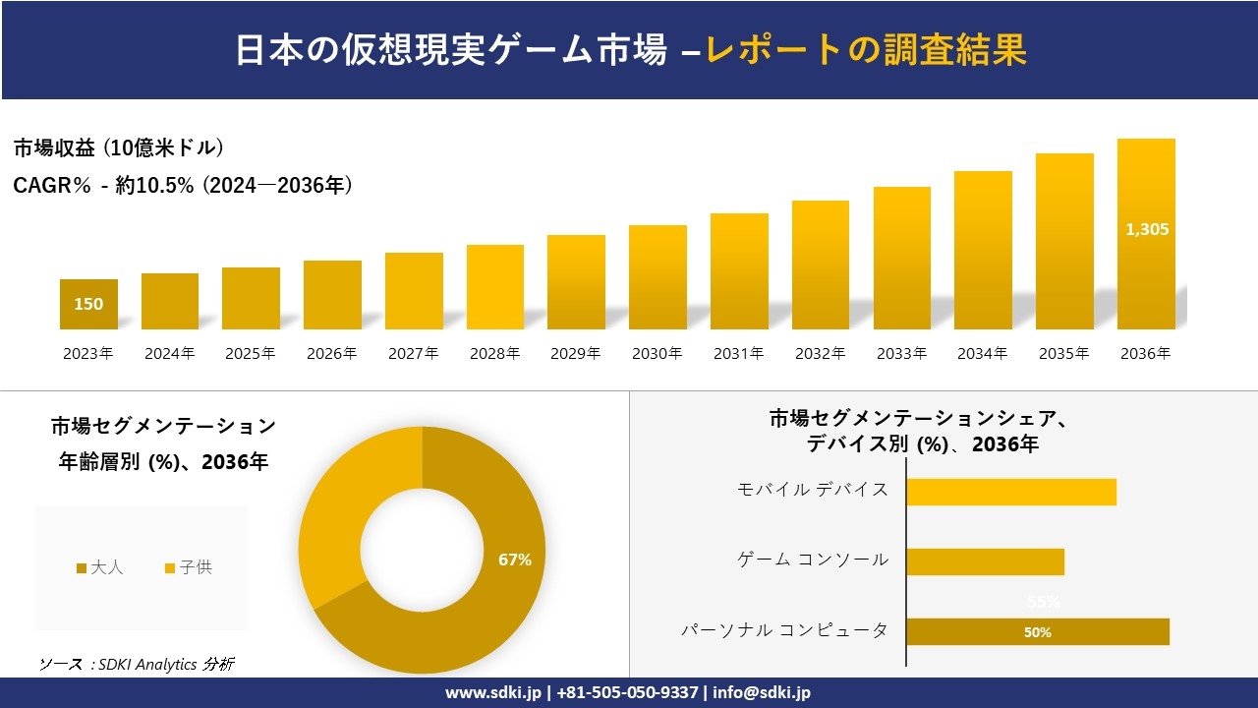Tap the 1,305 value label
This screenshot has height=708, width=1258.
[1146, 229]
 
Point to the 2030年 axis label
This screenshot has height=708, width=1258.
[658, 354]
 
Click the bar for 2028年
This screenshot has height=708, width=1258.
[495, 287]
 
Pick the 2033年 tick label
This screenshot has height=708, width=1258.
[901, 354]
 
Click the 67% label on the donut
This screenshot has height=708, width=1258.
[515, 560]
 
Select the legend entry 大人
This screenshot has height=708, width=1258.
[101, 567]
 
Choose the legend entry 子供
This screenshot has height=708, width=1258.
[189, 567]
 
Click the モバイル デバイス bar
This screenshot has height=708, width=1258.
[1010, 492]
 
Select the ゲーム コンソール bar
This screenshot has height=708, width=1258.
[985, 561]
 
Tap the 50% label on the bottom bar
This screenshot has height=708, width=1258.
[1037, 632]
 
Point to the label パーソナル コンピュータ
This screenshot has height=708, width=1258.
[785, 630]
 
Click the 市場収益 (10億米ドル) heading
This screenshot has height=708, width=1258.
[119, 148]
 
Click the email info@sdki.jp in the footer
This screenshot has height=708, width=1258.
[762, 692]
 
